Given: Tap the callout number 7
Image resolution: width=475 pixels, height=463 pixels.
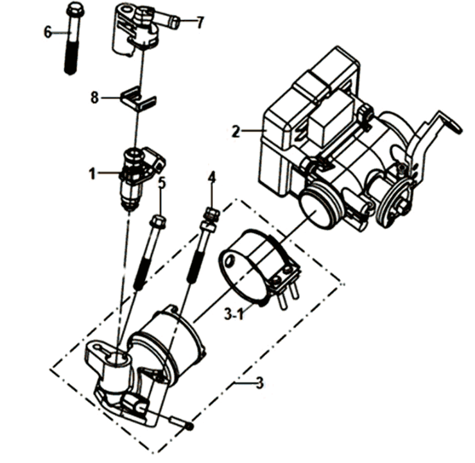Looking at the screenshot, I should tap(200, 22).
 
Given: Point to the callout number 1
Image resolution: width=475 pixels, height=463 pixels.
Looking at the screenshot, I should tap(92, 172).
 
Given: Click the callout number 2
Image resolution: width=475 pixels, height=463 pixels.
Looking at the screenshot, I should tap(236, 132).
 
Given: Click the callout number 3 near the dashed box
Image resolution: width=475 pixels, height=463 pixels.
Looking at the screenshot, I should tap(259, 383).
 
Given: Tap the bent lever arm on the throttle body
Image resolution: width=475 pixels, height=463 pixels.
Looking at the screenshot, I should tap(443, 125).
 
